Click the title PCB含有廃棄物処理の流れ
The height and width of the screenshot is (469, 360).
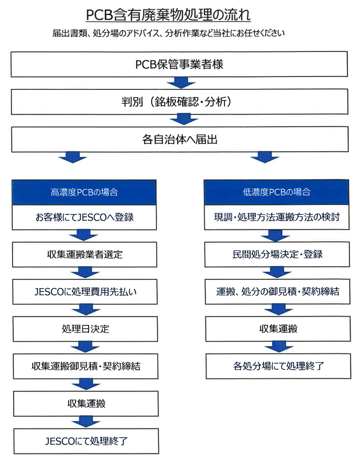(x=168, y=14)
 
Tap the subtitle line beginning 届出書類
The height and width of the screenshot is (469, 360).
(x=168, y=33)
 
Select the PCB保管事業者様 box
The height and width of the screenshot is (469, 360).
(x=179, y=64)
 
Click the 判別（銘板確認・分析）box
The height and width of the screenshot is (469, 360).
(x=179, y=101)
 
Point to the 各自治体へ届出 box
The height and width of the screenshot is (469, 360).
(x=180, y=139)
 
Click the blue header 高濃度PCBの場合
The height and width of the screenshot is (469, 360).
(x=84, y=192)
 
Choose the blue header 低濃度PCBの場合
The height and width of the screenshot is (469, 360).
(x=276, y=192)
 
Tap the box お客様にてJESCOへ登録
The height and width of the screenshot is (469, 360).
(x=84, y=217)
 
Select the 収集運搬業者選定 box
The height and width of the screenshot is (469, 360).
(x=85, y=254)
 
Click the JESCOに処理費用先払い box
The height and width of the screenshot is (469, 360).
(x=85, y=292)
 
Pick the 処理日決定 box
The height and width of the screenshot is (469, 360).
(x=85, y=329)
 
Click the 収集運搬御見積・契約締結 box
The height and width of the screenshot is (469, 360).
(x=85, y=366)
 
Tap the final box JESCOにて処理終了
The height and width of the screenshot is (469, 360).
(x=86, y=441)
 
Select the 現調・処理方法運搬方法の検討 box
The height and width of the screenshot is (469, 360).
(x=277, y=217)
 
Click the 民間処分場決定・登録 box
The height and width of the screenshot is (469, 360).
(x=277, y=254)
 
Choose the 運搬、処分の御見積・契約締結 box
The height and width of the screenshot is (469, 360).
(x=277, y=292)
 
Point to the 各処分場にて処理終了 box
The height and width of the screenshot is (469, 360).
(x=279, y=366)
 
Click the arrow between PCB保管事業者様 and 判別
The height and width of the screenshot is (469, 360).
(x=181, y=83)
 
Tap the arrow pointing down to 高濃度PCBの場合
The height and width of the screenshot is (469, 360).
(x=73, y=157)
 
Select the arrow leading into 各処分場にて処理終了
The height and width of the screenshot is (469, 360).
(x=279, y=347)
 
